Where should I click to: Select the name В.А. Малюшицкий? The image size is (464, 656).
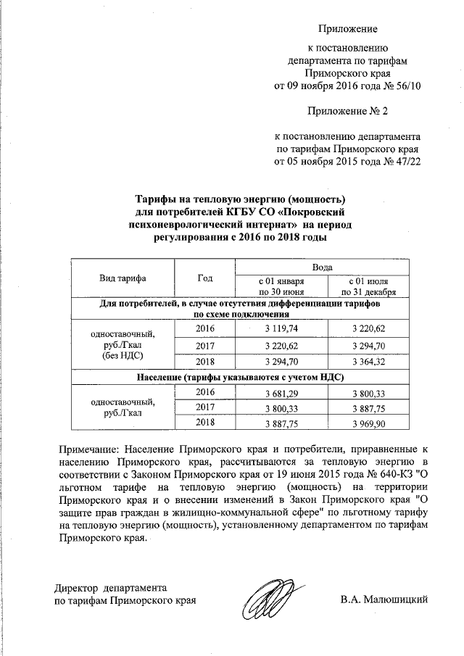coord(385,599)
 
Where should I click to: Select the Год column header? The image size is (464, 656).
coord(204,278)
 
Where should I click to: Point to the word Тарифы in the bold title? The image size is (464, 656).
coord(157,199)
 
